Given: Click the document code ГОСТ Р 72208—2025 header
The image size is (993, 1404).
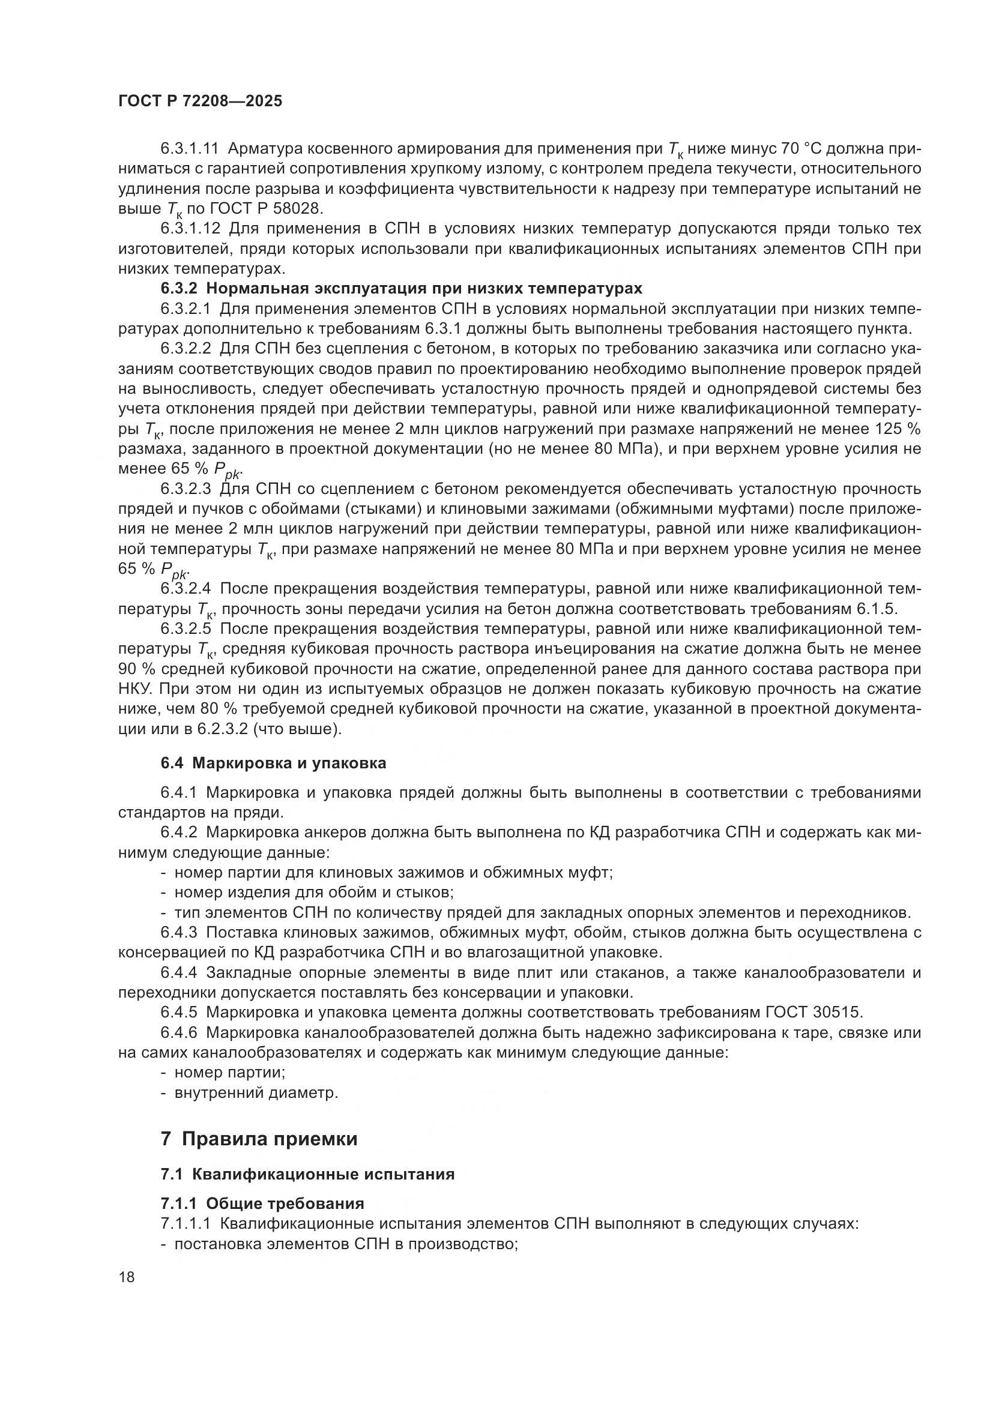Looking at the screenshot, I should pos(200,101).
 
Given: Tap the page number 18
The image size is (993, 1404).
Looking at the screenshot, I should pos(127,1277).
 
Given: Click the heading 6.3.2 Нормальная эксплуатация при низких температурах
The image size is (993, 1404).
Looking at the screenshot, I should pos(401,289).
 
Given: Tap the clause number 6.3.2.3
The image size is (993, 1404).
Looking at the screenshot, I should pos(186,489).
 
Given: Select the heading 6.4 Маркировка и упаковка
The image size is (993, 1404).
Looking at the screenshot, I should pos(273,763).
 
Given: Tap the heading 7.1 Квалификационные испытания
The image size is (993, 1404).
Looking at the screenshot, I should pos(307,1174).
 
